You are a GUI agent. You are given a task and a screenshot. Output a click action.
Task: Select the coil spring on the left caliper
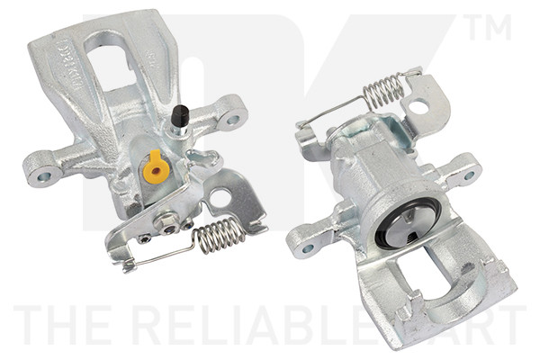[x=220, y=235]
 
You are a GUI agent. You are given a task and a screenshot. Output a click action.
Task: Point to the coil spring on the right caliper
[x=384, y=89]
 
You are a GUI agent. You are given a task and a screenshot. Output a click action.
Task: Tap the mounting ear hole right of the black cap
[x=232, y=118]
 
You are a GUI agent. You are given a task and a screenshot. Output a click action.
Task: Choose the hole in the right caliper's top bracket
[x=418, y=105]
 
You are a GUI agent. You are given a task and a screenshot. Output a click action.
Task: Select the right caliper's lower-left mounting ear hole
[x=308, y=247]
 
